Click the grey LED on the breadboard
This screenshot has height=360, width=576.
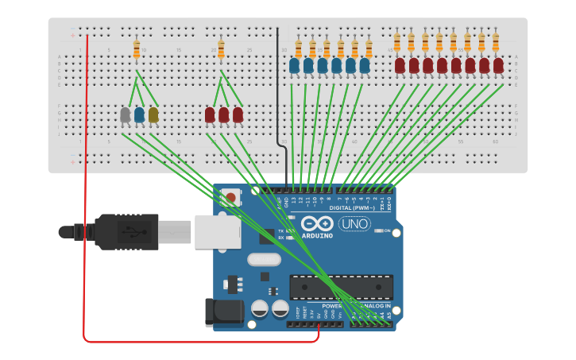coord(125,115)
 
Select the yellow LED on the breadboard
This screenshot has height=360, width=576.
coord(153,115)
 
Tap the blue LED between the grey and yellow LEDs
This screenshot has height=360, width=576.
coord(139,115)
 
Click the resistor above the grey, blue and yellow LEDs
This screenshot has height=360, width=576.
coord(137,49)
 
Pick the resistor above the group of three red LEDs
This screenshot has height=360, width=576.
coord(221,49)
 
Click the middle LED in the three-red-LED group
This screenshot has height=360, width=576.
coord(223,115)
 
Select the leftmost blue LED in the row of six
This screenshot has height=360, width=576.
coord(294,66)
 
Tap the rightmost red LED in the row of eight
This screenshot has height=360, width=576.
coord(498,65)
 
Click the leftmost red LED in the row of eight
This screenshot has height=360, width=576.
coord(400,65)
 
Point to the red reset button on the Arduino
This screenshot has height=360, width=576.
coord(230,197)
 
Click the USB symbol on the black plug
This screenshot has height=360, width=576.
coord(126,232)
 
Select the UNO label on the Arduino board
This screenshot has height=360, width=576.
coord(354,224)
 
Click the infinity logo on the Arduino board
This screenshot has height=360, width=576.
coord(316,223)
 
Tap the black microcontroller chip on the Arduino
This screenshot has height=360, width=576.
coord(341,287)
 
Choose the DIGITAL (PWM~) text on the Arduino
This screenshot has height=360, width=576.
coord(354,209)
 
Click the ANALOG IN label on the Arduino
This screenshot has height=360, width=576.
coord(376,305)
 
